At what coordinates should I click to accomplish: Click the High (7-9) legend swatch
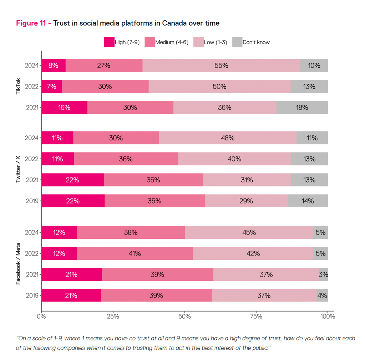click(x=109, y=42)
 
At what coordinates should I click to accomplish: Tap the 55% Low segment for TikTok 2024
click(x=221, y=66)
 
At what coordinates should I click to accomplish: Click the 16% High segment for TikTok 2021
click(x=64, y=107)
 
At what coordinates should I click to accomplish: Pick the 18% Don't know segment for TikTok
click(x=302, y=107)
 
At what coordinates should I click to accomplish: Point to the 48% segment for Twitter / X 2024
click(x=227, y=138)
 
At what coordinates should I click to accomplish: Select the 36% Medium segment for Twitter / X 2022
click(x=126, y=159)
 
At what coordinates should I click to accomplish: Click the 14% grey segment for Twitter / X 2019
click(x=308, y=201)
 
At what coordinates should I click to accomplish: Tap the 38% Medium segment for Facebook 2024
click(x=131, y=232)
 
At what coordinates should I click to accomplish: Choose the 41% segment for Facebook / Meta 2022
click(x=135, y=253)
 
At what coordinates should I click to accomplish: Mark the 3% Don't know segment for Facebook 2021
click(x=323, y=274)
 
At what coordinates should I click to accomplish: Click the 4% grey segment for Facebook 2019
click(x=322, y=295)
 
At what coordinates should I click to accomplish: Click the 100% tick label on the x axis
click(x=328, y=316)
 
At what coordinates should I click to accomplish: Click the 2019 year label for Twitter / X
click(x=32, y=201)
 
